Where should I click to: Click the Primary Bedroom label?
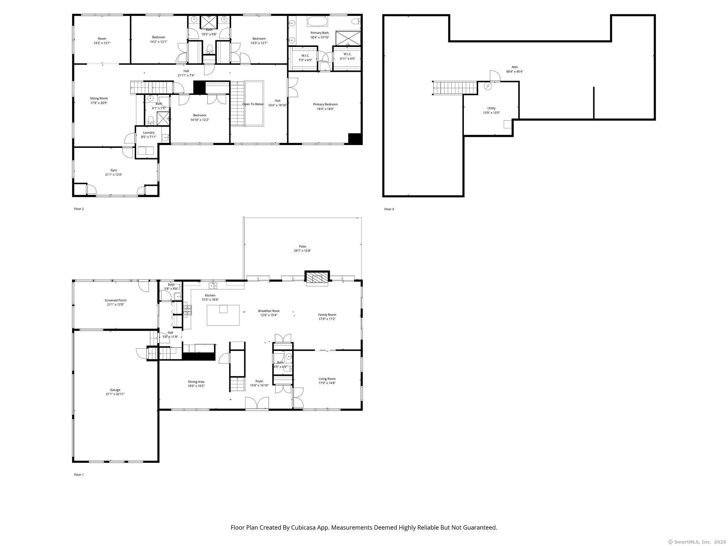(325, 105)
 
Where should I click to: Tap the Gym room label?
(113, 170)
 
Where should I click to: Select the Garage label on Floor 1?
(115, 390)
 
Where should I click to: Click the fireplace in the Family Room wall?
(317, 278)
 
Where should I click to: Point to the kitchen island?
(223, 315)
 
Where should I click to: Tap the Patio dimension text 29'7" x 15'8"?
(303, 251)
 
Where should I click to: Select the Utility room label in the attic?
(492, 108)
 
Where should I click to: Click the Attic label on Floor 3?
(515, 67)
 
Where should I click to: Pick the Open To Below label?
(253, 104)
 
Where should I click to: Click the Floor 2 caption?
(79, 209)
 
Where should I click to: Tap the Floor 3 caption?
(389, 209)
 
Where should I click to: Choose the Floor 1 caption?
(79, 475)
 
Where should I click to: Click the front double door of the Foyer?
(257, 404)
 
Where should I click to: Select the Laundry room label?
(149, 133)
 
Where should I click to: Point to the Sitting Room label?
(99, 98)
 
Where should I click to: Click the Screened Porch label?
(116, 300)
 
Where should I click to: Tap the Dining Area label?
(196, 382)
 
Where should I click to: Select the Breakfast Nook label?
(269, 311)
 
